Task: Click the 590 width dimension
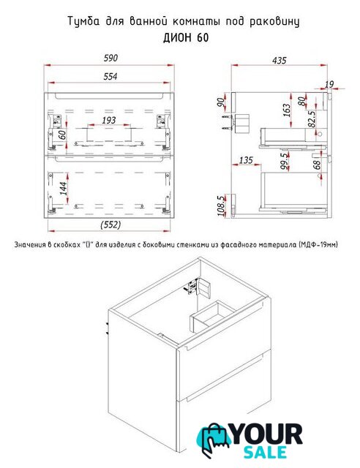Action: (110, 58)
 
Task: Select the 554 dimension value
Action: (110, 76)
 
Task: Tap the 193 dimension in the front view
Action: (109, 120)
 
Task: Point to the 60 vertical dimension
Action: (62, 135)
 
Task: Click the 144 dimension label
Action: (64, 189)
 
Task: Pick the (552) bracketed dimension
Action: (110, 224)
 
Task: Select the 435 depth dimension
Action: (280, 61)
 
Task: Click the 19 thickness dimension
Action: (329, 85)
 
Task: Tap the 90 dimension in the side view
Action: (222, 102)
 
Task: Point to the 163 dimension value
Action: (286, 110)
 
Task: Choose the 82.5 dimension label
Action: (311, 119)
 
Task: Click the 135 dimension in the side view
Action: (246, 160)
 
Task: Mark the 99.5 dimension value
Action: (285, 161)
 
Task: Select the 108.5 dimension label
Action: (221, 205)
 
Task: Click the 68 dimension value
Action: (317, 165)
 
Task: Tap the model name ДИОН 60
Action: (186, 38)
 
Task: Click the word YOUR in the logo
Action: (267, 435)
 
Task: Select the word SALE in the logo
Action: (266, 452)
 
